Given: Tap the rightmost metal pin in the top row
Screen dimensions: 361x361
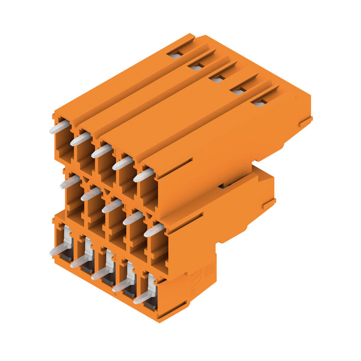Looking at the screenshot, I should click(143, 175).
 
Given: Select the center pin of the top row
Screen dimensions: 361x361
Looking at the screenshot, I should click(102, 151).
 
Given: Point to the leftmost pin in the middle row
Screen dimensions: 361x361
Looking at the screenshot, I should click(70, 182).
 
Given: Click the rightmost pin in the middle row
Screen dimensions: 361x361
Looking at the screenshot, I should click(154, 230).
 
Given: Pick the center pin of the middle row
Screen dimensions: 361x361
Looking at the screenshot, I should click(112, 206).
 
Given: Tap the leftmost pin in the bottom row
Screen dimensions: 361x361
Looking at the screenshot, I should click(59, 250).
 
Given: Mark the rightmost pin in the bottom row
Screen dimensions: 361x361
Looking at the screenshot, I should click(143, 297).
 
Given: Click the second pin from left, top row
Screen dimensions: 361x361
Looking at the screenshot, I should click(80, 139).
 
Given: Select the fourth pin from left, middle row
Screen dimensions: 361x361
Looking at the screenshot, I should click(133, 218).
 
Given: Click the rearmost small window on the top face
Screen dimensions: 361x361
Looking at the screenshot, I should click(175, 54).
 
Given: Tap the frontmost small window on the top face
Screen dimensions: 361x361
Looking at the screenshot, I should click(259, 103).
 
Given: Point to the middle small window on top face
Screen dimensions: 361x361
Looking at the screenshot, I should click(217, 79).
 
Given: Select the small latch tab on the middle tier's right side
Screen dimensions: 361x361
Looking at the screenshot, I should click(268, 204).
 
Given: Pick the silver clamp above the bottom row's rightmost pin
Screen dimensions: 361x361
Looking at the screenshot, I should click(152, 282).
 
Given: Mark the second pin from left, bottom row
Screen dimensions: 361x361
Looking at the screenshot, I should click(80, 261).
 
